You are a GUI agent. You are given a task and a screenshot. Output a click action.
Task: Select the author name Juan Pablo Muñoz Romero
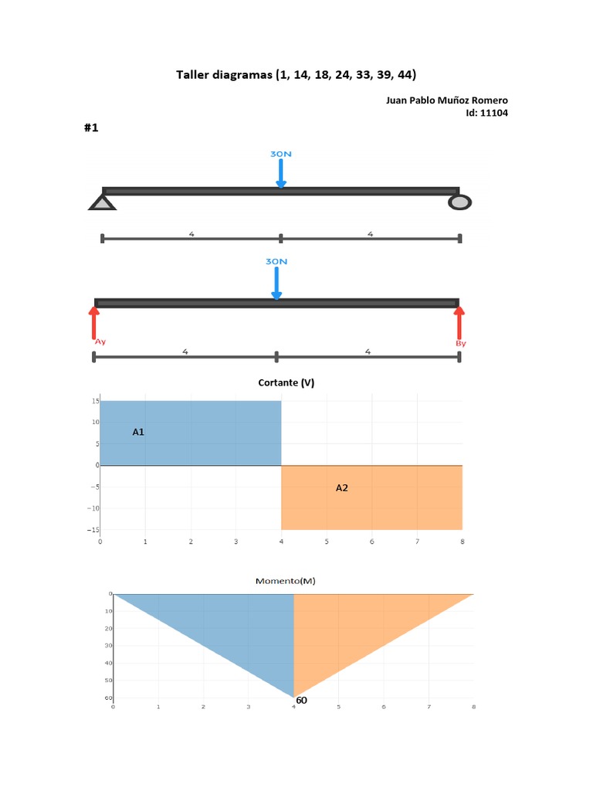(446, 100)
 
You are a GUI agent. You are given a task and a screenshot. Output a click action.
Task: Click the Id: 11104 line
(486, 113)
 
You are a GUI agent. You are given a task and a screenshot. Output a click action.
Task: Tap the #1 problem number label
(91, 128)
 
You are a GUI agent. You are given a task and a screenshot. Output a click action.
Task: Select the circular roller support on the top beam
(460, 202)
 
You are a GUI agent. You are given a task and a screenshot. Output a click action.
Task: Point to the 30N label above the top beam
(280, 154)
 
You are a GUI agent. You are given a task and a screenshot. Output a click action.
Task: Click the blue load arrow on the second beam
(276, 284)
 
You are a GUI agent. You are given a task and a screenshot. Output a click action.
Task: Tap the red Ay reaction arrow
(94, 321)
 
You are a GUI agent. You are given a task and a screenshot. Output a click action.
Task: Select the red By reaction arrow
(459, 321)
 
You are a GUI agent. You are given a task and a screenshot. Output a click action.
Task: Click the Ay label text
(100, 341)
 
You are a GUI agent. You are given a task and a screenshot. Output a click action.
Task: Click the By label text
(461, 343)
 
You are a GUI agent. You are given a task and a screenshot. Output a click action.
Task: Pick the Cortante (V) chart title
(286, 382)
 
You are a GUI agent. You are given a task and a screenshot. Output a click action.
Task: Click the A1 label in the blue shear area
(138, 433)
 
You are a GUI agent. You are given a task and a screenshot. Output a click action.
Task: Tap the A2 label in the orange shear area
(342, 487)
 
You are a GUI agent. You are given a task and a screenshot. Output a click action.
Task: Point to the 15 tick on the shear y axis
(94, 401)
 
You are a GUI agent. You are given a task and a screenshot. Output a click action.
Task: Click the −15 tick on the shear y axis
(93, 530)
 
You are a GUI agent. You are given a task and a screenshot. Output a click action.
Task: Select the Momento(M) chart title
(286, 580)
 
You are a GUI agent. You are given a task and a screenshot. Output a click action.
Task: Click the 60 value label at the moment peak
(301, 700)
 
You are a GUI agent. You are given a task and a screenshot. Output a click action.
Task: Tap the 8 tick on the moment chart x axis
(473, 706)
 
